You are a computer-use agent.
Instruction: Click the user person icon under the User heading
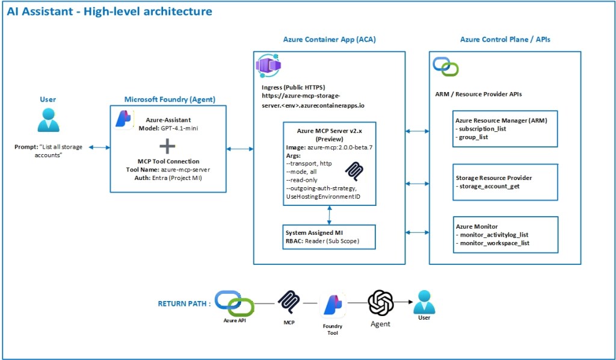pos(48,120)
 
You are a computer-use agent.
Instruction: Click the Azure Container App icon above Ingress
pos(269,66)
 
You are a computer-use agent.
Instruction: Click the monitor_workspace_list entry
pos(494,243)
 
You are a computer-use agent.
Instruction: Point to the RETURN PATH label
pos(184,304)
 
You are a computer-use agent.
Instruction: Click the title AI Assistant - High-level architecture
pos(109,11)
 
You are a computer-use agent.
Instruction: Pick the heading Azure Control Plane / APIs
pos(505,40)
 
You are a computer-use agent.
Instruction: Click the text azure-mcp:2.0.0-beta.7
pos(340,147)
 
